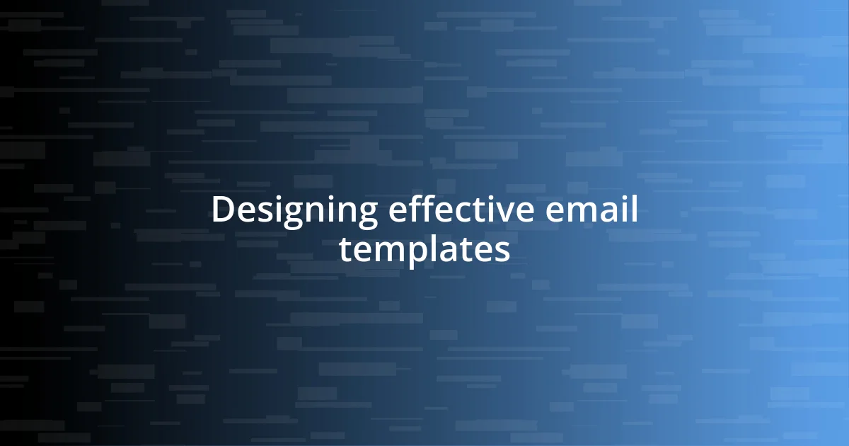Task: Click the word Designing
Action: [x=294, y=212]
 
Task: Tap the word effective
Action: [x=453, y=210]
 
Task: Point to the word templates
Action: [x=424, y=249]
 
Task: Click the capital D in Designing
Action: [x=222, y=210]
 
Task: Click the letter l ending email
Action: [x=633, y=210]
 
